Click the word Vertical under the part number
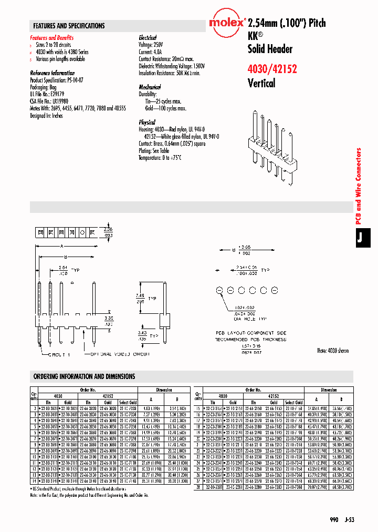pos(261,83)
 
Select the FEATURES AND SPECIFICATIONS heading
pos(69,26)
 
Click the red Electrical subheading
pos(148,38)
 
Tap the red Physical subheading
pos(147,122)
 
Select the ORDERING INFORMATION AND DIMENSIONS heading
pos(84,376)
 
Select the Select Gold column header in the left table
pos(128,402)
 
